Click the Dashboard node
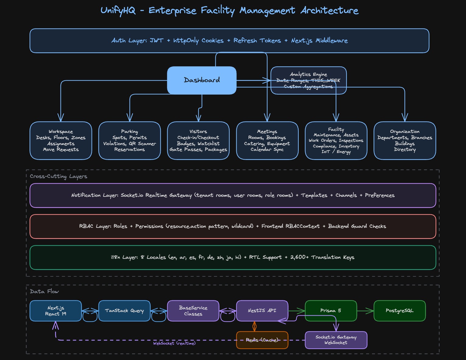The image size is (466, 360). pyautogui.click(x=202, y=80)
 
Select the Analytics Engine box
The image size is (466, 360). pyautogui.click(x=308, y=80)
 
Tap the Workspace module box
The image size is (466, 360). pyautogui.click(x=61, y=140)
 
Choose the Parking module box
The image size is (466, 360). pyautogui.click(x=130, y=140)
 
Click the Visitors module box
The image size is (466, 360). pyautogui.click(x=198, y=140)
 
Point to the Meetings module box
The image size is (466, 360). pyautogui.click(x=267, y=140)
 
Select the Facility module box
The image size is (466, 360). pyautogui.click(x=336, y=140)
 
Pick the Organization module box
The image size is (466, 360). pyautogui.click(x=405, y=140)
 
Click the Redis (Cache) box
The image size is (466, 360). pyautogui.click(x=262, y=340)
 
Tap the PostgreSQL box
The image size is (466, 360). pyautogui.click(x=399, y=311)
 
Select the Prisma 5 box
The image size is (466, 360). pyautogui.click(x=331, y=311)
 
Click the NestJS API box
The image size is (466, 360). pyautogui.click(x=262, y=311)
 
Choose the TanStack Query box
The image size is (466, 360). pyautogui.click(x=124, y=311)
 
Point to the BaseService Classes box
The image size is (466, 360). pyautogui.click(x=193, y=311)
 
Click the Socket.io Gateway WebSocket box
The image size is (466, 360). pyautogui.click(x=336, y=340)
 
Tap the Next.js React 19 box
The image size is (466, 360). pyautogui.click(x=56, y=311)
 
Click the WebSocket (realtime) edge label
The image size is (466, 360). pyautogui.click(x=174, y=343)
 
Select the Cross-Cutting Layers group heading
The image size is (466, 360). pyautogui.click(x=58, y=176)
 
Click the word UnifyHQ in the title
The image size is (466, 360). pyautogui.click(x=118, y=11)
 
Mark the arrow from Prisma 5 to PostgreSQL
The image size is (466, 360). pyautogui.click(x=365, y=311)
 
